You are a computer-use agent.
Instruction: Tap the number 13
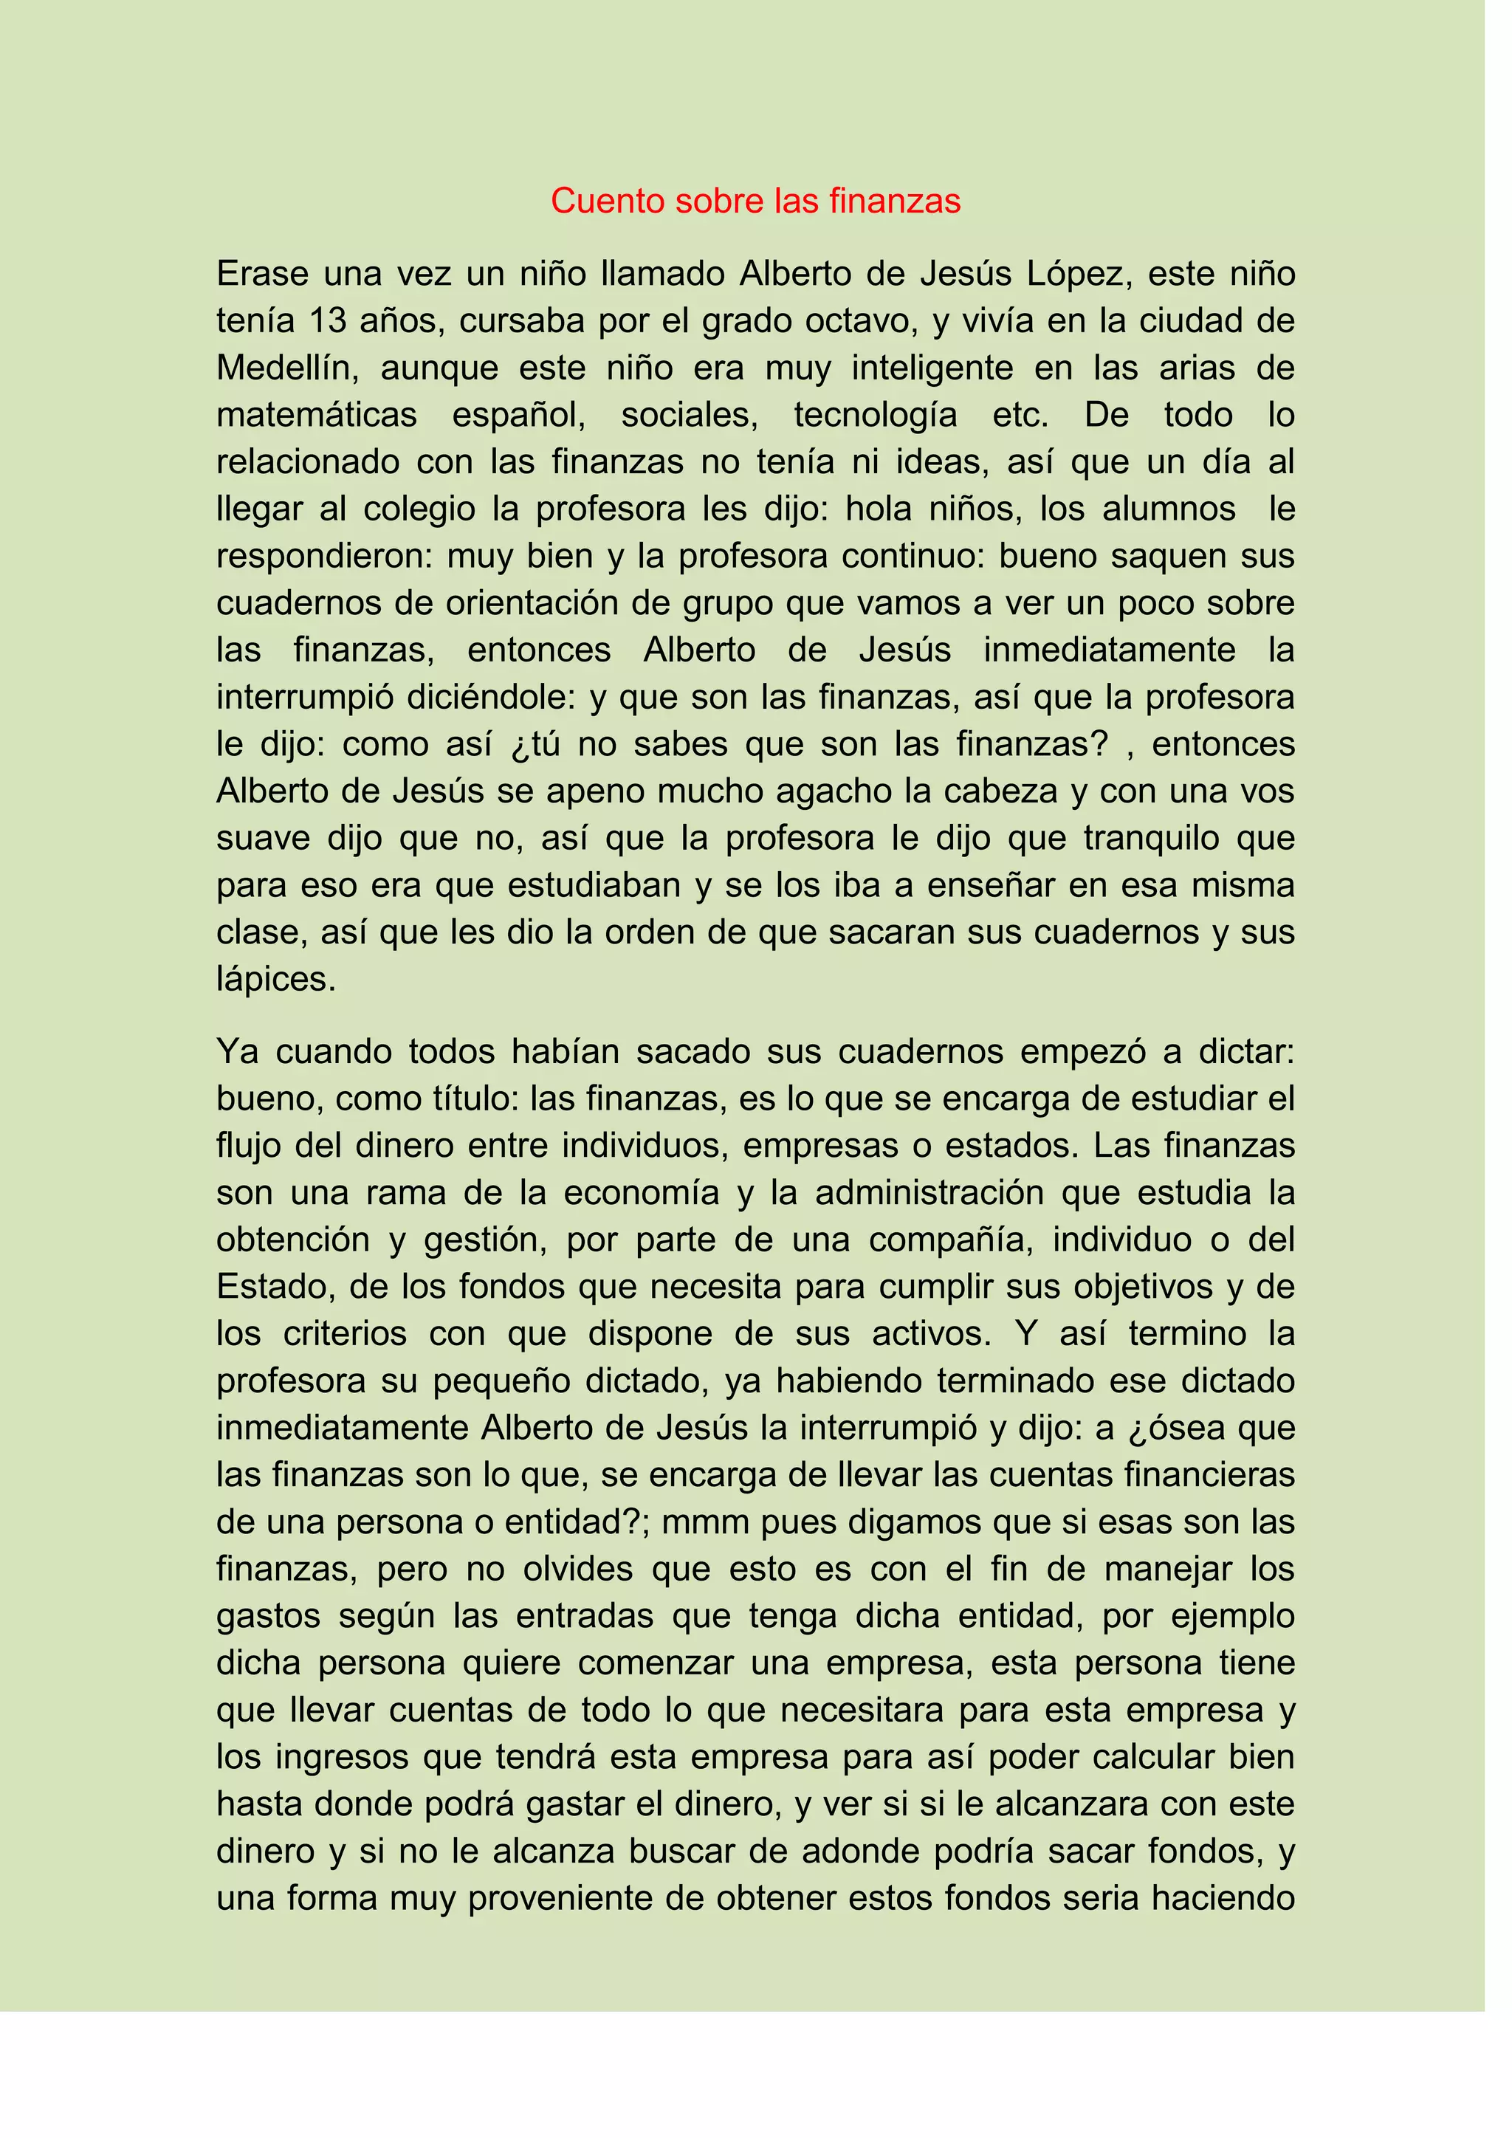pos(328,321)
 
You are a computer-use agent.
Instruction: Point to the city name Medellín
pos(289,368)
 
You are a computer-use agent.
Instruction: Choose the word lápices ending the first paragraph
pos(275,980)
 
